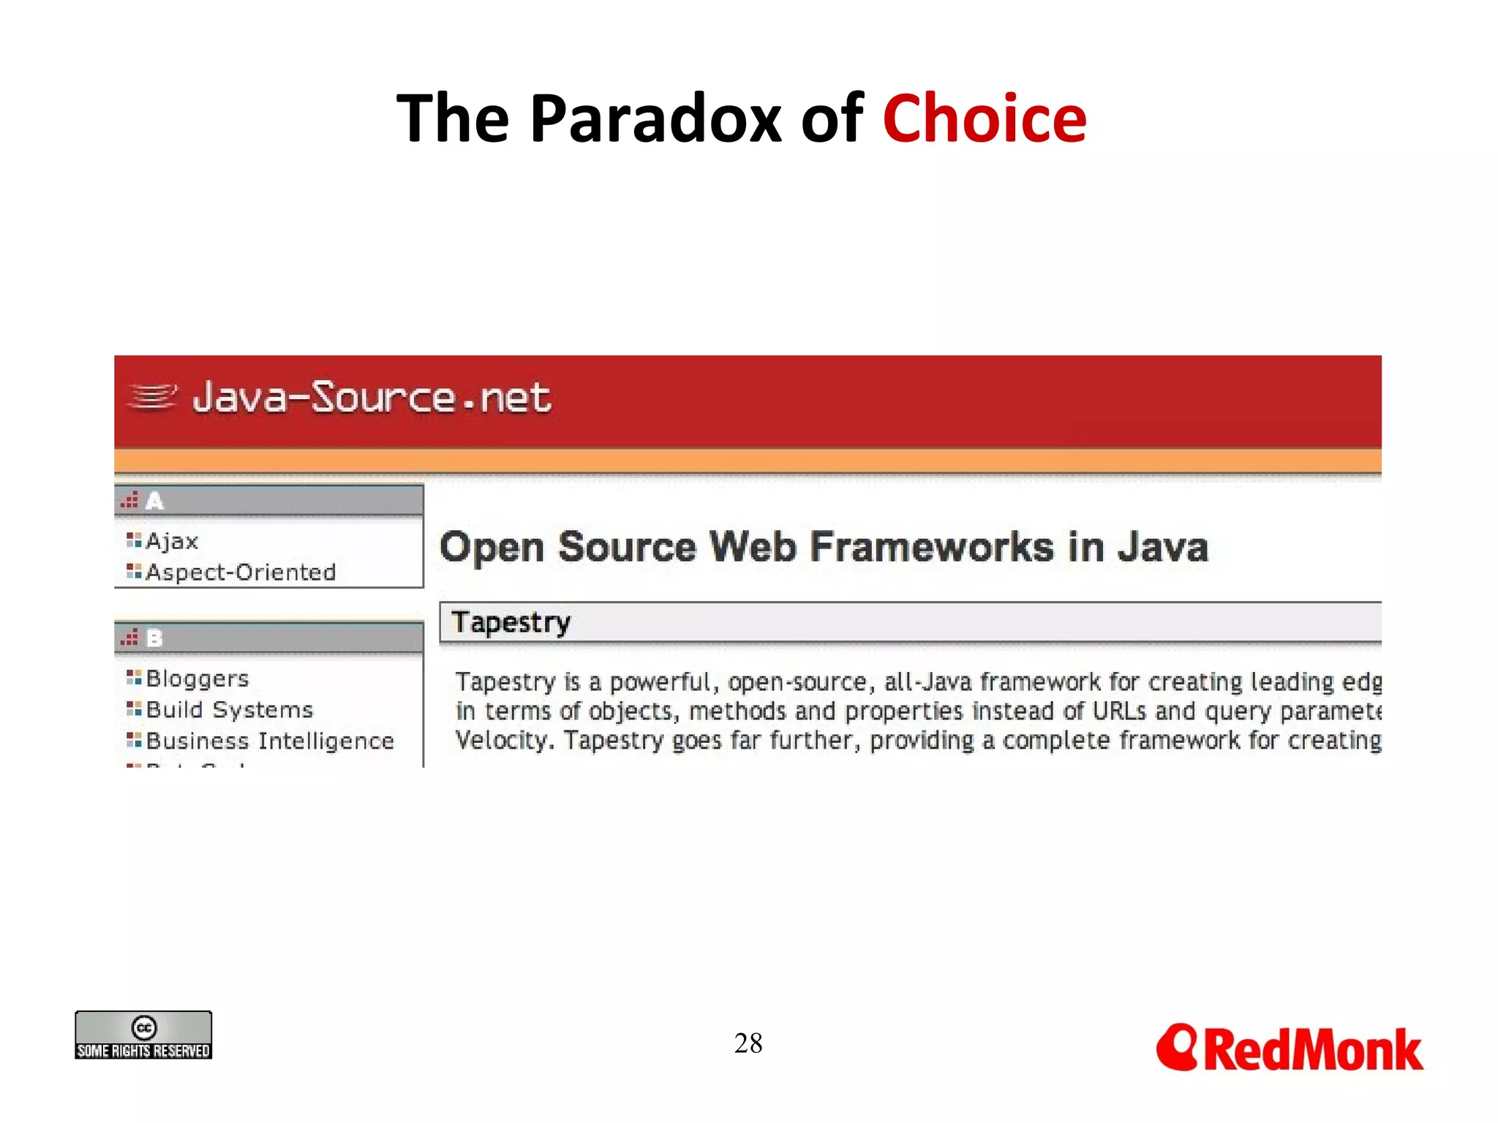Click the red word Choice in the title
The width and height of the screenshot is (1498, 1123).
pyautogui.click(x=984, y=119)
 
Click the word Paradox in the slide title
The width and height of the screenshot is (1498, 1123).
pyautogui.click(x=655, y=119)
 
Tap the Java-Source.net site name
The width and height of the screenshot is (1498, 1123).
pyautogui.click(x=372, y=398)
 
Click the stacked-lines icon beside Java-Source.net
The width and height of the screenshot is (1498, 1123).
pyautogui.click(x=152, y=397)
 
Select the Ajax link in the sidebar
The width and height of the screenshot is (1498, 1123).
pyautogui.click(x=172, y=542)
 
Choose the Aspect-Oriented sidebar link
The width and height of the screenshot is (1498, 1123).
pyautogui.click(x=241, y=572)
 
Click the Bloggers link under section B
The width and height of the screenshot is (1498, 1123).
pyautogui.click(x=197, y=679)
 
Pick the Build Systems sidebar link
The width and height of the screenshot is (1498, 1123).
pyautogui.click(x=229, y=710)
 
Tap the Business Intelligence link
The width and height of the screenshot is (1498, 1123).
pyautogui.click(x=270, y=741)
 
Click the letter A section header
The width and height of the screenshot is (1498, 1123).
pyautogui.click(x=154, y=502)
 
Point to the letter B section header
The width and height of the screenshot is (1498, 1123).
pyautogui.click(x=154, y=638)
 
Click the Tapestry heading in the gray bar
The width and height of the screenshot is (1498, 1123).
pyautogui.click(x=511, y=623)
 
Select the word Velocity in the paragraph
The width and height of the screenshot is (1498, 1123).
pyautogui.click(x=501, y=741)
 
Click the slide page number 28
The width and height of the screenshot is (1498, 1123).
pyautogui.click(x=748, y=1043)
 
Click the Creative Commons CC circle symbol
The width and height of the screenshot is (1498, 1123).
pyautogui.click(x=144, y=1027)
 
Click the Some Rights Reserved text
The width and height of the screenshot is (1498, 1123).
pyautogui.click(x=143, y=1051)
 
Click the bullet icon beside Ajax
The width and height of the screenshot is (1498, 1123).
pyautogui.click(x=133, y=540)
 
